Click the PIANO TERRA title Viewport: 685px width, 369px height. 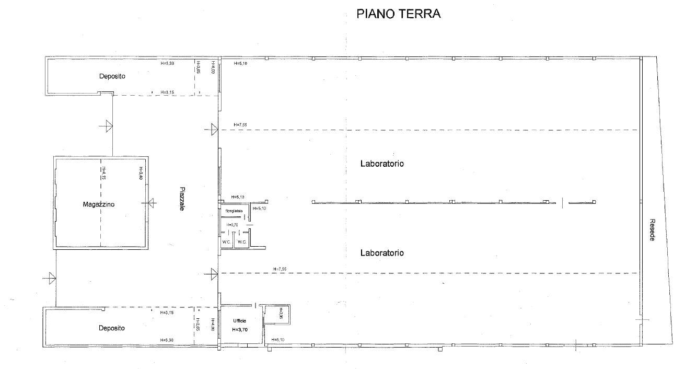click(398, 14)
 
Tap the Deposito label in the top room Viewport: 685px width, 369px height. click(112, 76)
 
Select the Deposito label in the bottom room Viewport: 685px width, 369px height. click(112, 328)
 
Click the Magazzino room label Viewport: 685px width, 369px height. click(98, 204)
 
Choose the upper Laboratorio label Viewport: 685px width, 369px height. click(382, 164)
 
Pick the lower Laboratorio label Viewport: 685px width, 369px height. click(382, 253)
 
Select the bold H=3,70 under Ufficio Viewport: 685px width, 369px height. click(240, 330)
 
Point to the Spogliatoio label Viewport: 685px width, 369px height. click(234, 211)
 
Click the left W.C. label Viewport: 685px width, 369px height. click(226, 242)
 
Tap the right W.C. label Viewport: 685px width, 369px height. click(241, 242)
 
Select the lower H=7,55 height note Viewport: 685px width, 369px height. click(280, 269)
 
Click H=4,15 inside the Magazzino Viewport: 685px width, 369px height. click(104, 173)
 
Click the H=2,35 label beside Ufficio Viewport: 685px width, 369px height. click(280, 313)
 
